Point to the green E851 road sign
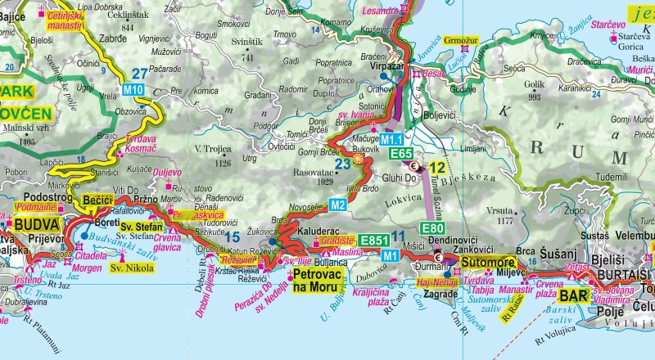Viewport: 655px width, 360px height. [373, 241]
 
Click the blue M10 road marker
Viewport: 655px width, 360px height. [133, 88]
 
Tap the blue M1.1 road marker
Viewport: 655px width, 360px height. [394, 141]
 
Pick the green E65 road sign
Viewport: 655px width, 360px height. [400, 154]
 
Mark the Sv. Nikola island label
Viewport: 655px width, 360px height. [133, 268]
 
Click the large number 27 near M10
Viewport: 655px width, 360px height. [140, 73]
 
